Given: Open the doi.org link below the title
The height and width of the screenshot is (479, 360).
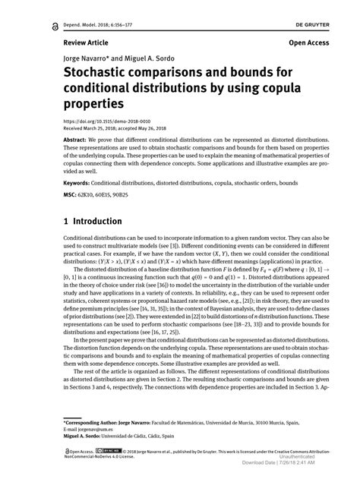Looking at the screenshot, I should (92, 121).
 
